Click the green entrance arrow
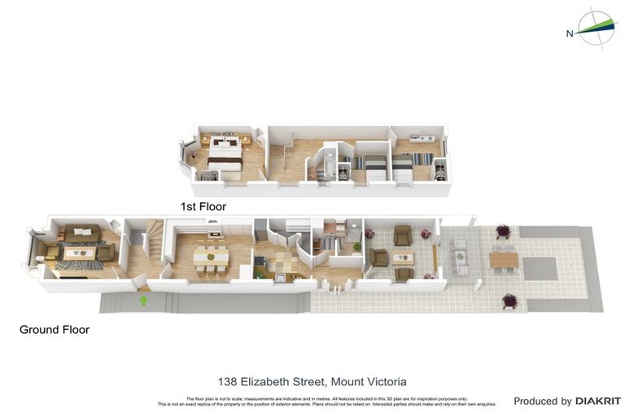point(144,301)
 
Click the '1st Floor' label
point(203,207)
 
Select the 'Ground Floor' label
point(55,330)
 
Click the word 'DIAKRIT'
point(598,401)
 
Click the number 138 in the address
point(229,381)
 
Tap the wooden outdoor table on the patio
point(504,259)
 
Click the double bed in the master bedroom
point(224,152)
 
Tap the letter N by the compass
point(570,33)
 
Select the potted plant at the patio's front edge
point(510,302)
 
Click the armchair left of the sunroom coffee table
point(379,257)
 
